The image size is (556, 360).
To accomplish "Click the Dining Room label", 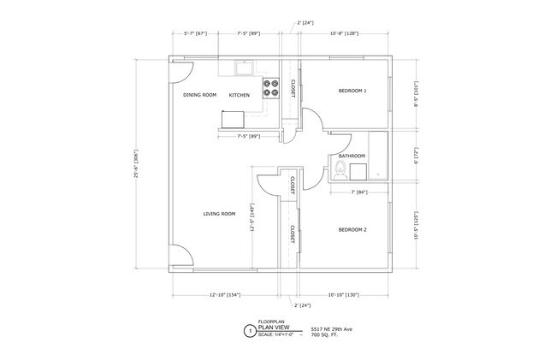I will point(199,95).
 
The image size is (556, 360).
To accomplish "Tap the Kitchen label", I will point(239,95).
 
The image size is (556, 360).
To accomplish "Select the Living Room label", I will point(219,214).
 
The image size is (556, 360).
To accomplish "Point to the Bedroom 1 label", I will point(352,91).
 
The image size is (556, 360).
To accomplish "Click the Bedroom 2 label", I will point(352,230).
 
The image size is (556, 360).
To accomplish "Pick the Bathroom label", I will point(352,156).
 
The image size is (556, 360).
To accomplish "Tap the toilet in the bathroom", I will point(340,169).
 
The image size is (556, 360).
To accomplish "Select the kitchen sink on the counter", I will point(244,65).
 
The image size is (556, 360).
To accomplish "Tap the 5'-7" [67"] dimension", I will point(196,33).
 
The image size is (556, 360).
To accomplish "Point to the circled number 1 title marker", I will point(250,330).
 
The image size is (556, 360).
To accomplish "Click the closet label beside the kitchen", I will point(293,88).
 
